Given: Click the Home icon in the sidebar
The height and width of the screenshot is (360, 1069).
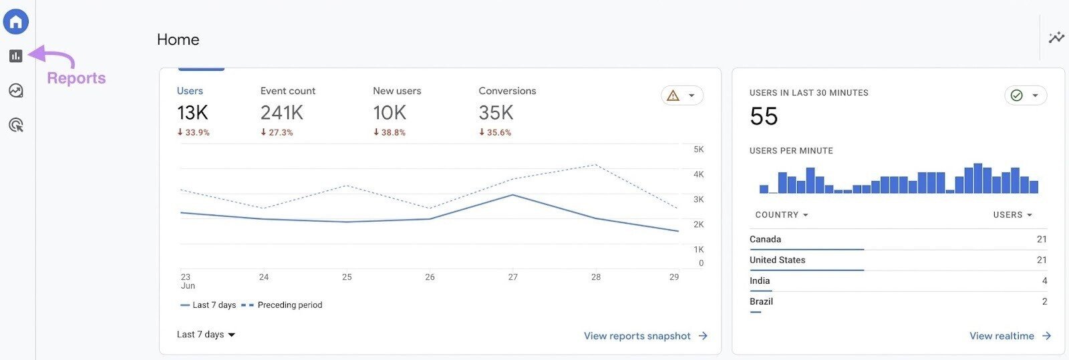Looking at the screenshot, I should click(x=16, y=22).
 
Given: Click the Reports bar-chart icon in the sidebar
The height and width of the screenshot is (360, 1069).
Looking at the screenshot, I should click(x=16, y=56).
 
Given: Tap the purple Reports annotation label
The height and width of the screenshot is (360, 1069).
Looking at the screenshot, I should click(x=76, y=78).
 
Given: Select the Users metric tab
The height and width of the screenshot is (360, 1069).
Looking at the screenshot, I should click(x=190, y=91).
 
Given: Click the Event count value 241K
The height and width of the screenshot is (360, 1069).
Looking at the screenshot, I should click(x=281, y=113).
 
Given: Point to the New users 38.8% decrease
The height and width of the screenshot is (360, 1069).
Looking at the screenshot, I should click(x=390, y=133).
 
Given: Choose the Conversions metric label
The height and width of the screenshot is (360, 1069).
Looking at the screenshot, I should click(x=507, y=91).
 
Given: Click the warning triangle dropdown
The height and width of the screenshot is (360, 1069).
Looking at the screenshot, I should click(x=681, y=96).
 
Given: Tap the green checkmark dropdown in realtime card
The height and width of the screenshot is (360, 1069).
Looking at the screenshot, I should click(x=1025, y=96).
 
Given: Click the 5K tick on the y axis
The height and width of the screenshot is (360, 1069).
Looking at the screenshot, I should click(x=698, y=150).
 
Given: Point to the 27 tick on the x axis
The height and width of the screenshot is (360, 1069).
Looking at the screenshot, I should click(x=512, y=277).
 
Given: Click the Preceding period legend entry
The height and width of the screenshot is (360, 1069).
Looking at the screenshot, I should click(x=282, y=305).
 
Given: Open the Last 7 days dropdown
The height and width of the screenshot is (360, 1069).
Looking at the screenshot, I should click(x=206, y=335).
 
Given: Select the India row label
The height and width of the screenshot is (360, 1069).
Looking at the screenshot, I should click(x=760, y=281).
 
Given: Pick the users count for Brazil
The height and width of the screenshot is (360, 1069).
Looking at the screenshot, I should click(x=1044, y=302).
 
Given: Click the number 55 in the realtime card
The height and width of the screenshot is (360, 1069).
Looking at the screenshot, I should click(x=764, y=117).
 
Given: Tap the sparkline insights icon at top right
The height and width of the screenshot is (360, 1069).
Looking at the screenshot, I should click(x=1056, y=37).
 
